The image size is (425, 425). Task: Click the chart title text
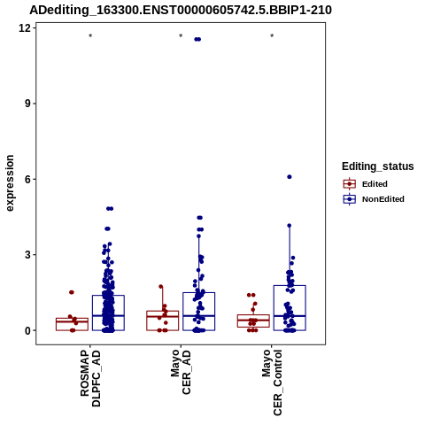(181, 10)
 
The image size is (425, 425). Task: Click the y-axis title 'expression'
(10, 183)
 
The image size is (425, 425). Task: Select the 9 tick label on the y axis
(28, 104)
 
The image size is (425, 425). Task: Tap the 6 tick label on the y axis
(28, 179)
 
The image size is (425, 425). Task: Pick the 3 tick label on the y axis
(28, 255)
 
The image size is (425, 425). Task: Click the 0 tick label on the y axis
(28, 330)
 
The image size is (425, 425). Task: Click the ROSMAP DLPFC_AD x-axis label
(90, 378)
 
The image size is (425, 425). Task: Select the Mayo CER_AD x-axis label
(181, 372)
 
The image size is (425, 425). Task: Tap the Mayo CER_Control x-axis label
(272, 382)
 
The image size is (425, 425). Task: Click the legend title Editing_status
(378, 166)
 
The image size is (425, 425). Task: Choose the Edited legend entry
(366, 184)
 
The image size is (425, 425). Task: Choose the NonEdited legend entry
(374, 199)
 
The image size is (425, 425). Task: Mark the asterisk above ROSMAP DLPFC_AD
(90, 36)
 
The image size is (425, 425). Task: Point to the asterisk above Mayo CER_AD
(181, 36)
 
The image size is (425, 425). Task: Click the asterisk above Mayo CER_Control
(272, 36)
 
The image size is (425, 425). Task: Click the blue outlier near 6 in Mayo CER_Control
(290, 177)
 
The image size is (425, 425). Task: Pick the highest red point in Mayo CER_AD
(161, 286)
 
